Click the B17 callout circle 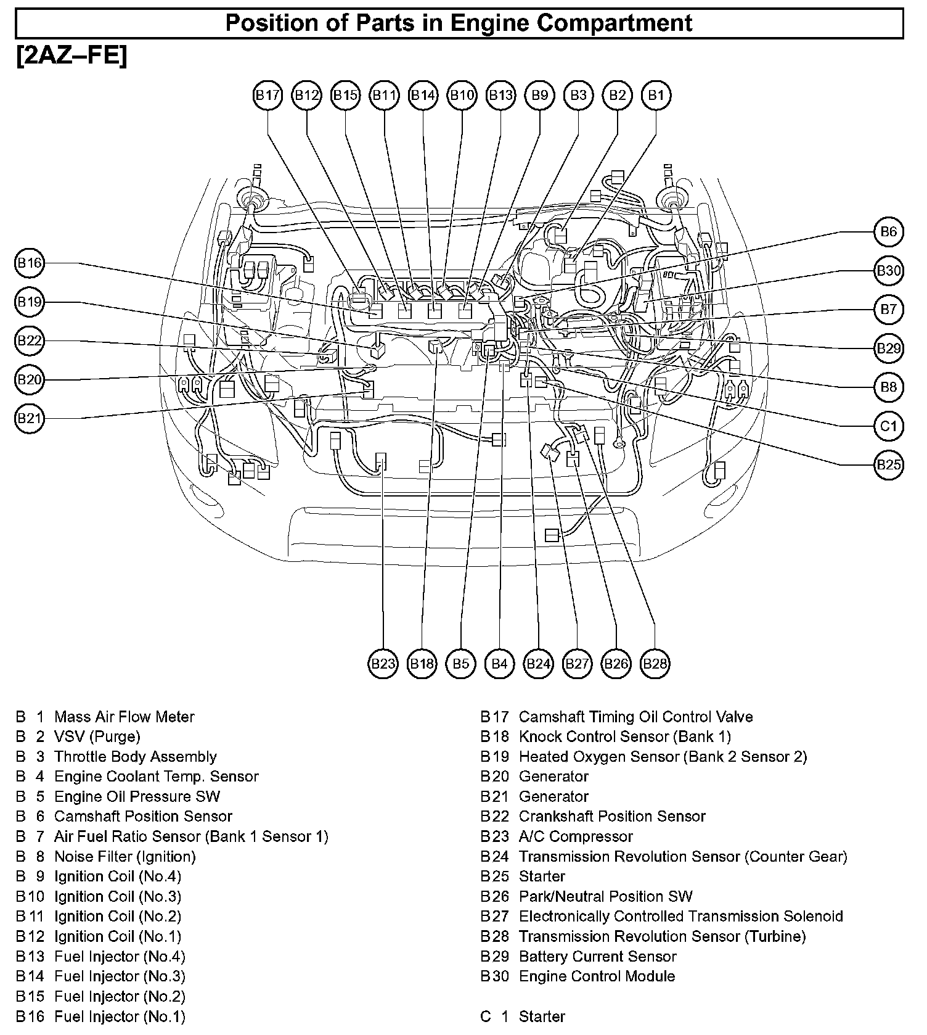coord(267,95)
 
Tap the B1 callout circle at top coord(656,95)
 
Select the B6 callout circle coord(888,231)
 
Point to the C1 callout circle coord(888,426)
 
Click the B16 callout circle coord(29,263)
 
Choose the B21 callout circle coord(29,419)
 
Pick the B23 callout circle coord(383,664)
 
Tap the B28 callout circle coord(655,664)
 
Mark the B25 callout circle coord(888,464)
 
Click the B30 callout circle coord(888,270)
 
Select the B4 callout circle coord(499,664)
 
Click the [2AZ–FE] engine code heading coord(72,57)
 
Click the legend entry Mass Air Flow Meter coord(124,717)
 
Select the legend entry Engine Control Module coord(597,976)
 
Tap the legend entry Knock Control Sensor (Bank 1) coord(624,736)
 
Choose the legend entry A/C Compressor coord(576,836)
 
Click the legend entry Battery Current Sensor coord(597,956)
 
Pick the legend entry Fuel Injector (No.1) coord(120,1016)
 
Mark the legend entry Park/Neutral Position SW coord(605,896)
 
